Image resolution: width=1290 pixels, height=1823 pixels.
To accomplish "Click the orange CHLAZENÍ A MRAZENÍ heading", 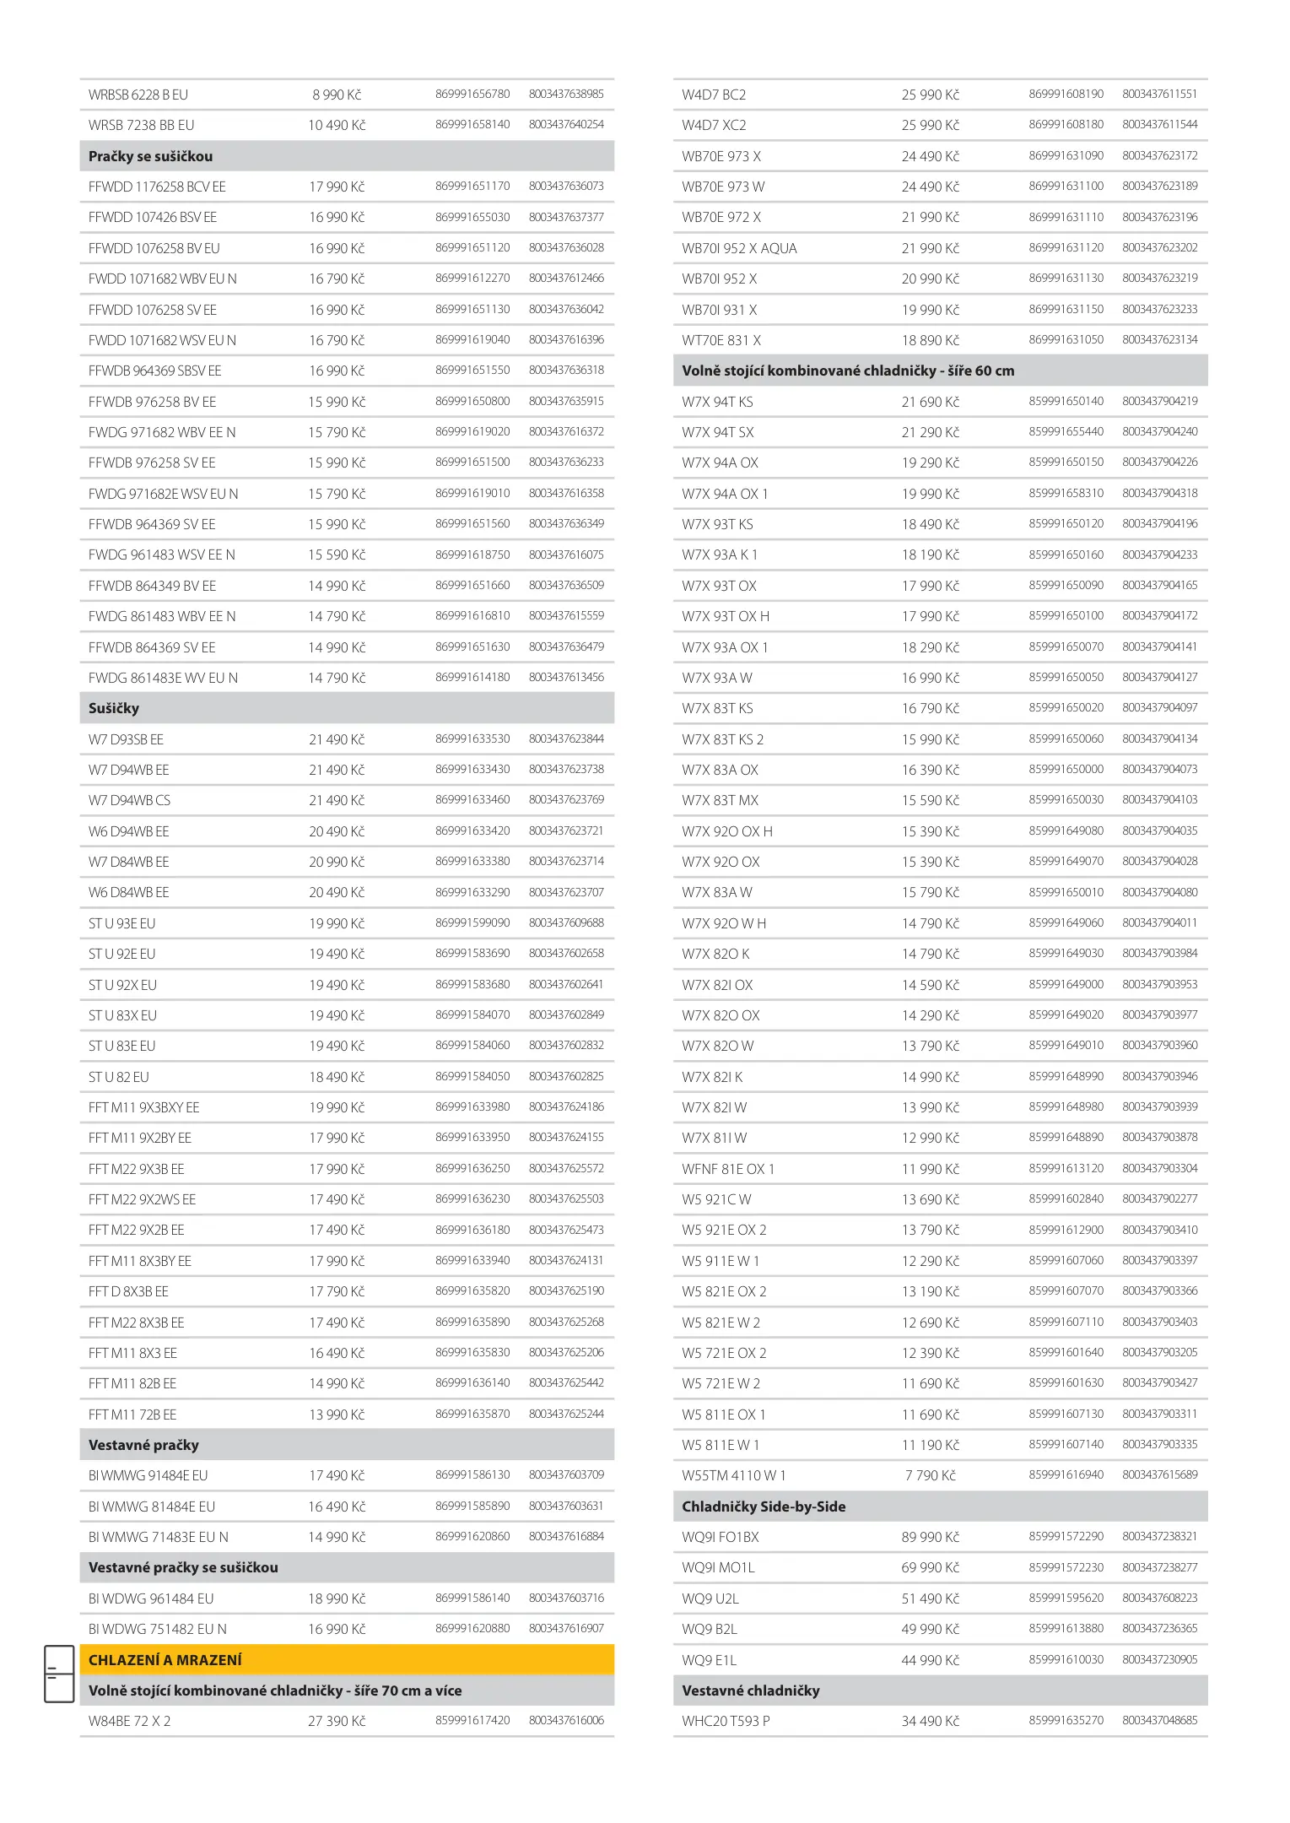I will [165, 1659].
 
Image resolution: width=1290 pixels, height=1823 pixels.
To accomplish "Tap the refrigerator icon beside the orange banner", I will [59, 1673].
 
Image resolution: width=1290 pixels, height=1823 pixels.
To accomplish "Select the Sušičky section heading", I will [114, 708].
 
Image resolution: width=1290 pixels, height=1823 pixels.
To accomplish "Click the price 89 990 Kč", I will [930, 1537].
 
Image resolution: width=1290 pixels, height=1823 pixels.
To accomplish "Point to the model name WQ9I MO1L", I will [718, 1567].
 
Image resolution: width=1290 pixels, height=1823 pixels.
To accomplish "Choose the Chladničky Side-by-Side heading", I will [763, 1507].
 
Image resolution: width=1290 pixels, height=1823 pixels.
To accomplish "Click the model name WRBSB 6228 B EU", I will [138, 95].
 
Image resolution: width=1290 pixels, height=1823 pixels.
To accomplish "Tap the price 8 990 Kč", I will [337, 95].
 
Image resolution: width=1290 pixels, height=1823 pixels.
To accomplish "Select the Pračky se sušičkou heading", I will [150, 156].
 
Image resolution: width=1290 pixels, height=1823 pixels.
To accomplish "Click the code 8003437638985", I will [566, 94].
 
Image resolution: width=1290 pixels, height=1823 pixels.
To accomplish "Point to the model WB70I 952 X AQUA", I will [739, 248].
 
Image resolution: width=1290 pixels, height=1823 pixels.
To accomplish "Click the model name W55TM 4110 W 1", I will [733, 1475].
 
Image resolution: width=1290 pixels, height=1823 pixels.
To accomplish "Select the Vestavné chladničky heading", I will [750, 1690].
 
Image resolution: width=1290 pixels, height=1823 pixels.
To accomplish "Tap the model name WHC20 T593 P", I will [726, 1721].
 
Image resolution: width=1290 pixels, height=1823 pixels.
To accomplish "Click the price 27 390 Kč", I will [337, 1721].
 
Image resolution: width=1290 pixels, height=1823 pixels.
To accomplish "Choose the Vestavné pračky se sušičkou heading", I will [183, 1567].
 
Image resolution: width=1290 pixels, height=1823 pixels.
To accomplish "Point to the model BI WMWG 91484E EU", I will [148, 1475].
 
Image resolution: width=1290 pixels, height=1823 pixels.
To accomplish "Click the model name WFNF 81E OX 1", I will [728, 1169].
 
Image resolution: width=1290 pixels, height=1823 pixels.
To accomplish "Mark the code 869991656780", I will [472, 94].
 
